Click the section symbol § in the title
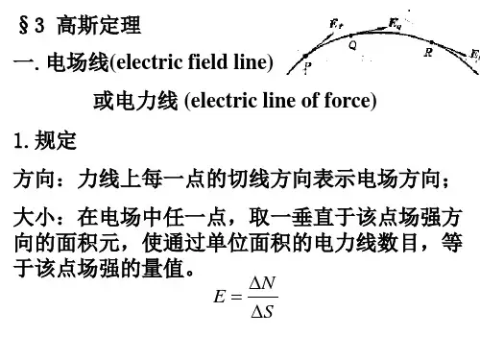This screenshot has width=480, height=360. pos(23,25)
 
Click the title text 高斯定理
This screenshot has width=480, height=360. pos(99,25)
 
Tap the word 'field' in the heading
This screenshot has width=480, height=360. pos(207,61)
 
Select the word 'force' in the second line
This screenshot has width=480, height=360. pos(348,100)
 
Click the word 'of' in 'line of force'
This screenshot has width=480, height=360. pos(310,100)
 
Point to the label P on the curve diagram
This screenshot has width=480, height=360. pos(307,67)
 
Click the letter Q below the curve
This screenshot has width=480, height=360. pos(352,45)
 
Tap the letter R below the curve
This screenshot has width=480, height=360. pos(428,52)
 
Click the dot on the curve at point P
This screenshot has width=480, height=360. pos(305,57)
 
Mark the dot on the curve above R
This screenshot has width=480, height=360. pos(432,42)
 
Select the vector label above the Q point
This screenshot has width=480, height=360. pos(395,23)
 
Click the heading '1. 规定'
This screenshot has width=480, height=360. pos(45,140)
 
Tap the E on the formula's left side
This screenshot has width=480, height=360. pos(220,297)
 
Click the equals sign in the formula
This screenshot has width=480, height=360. pos(236,297)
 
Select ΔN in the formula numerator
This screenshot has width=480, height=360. pos(262,283)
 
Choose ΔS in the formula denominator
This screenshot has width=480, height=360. pos(262,311)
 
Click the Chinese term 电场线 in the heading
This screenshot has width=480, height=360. pos(78,61)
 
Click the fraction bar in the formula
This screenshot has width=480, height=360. pos(263,298)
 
